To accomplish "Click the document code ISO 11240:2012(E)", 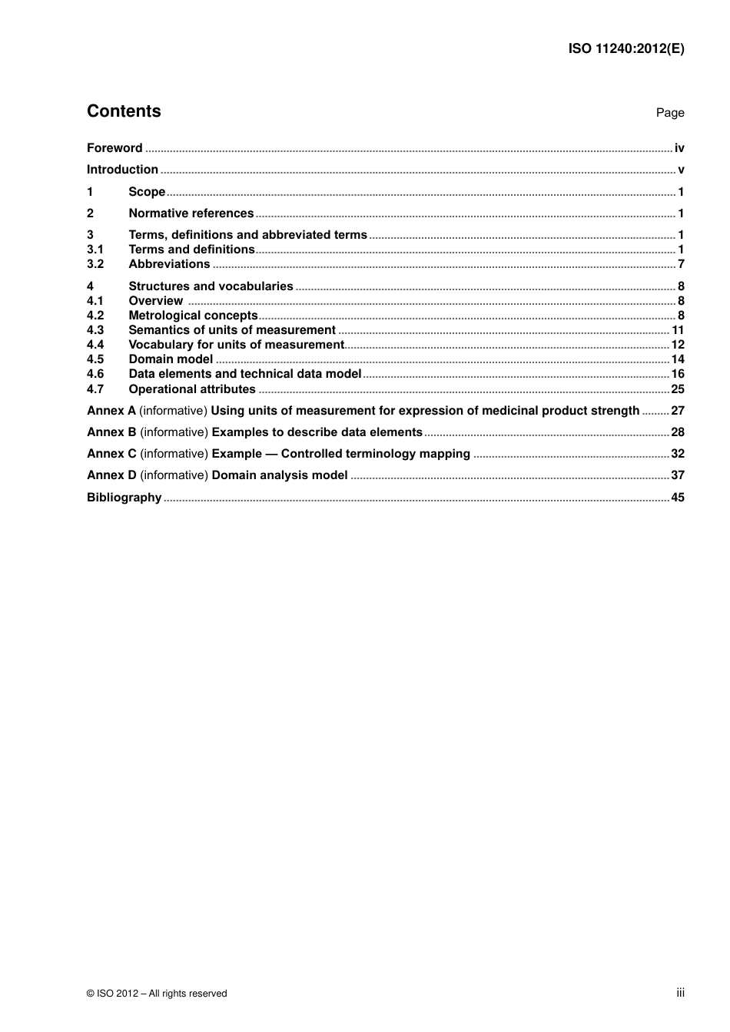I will click(x=626, y=48).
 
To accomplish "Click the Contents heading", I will click(x=124, y=111).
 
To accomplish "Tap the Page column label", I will click(x=670, y=113).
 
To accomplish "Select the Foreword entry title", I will click(x=114, y=148).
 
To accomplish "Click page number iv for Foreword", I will click(x=679, y=148).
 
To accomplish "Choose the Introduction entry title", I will click(x=122, y=170).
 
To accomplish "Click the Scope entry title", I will click(x=147, y=192).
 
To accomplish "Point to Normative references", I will click(x=191, y=213).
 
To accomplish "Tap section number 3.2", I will click(x=95, y=264).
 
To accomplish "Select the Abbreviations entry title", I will click(x=169, y=264).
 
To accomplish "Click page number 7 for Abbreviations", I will click(x=681, y=264).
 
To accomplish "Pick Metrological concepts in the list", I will click(x=193, y=316).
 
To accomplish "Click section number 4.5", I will click(x=95, y=359).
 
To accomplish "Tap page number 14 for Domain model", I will click(x=678, y=359).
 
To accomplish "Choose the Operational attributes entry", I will click(x=191, y=389).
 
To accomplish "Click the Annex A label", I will click(x=111, y=411).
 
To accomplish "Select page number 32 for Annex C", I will click(x=678, y=454).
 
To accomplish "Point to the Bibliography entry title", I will click(x=124, y=498).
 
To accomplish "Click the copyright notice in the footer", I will click(x=157, y=994).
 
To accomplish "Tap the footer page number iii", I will click(x=680, y=993).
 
